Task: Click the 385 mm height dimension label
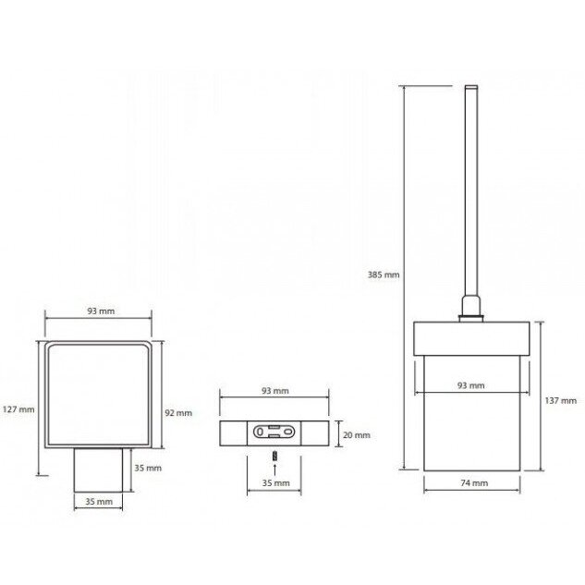(384, 275)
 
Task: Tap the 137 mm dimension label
(561, 401)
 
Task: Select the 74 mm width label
(474, 483)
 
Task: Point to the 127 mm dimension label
(18, 409)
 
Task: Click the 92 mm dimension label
(178, 413)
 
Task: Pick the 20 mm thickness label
(357, 435)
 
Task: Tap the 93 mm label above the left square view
(101, 311)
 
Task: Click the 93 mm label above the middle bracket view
(275, 391)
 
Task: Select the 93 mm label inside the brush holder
(470, 385)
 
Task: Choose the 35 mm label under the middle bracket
(275, 483)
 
